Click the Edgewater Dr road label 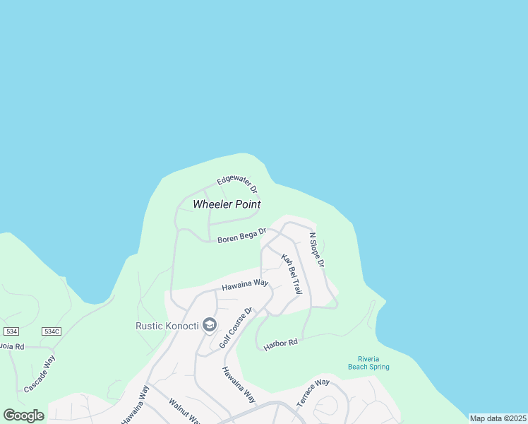[x=238, y=185]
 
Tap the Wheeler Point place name [x=227, y=204]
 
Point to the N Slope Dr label [x=316, y=249]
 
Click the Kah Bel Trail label [x=292, y=273]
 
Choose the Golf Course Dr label [x=236, y=328]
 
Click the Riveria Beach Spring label [x=368, y=363]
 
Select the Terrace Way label [x=313, y=393]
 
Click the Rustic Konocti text [x=166, y=326]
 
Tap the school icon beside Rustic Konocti [x=209, y=325]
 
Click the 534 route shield [x=11, y=331]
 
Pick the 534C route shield [x=52, y=331]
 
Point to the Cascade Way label [x=40, y=375]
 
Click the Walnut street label [x=186, y=411]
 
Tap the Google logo [x=23, y=416]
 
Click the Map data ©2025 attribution [x=498, y=418]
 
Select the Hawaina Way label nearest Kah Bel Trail [x=245, y=284]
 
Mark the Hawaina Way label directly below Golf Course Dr [x=238, y=384]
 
